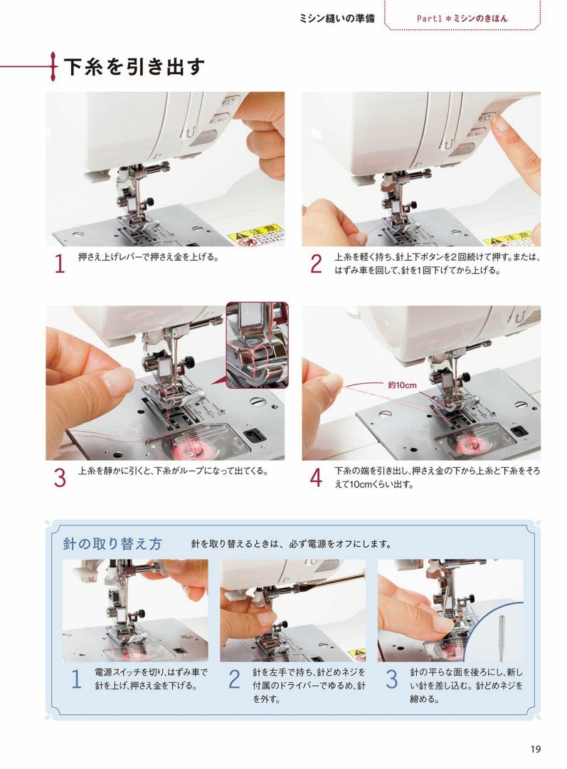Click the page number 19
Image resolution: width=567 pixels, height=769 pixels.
pyautogui.click(x=536, y=748)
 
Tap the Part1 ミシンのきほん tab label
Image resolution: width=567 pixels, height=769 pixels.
pyautogui.click(x=462, y=18)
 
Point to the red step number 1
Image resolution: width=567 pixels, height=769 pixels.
pyautogui.click(x=60, y=264)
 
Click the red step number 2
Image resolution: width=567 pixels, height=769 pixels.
pyautogui.click(x=317, y=264)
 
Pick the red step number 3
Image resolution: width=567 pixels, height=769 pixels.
pyautogui.click(x=60, y=478)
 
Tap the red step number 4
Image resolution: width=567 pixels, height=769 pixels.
pyautogui.click(x=317, y=478)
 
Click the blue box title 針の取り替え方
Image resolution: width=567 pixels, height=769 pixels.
pyautogui.click(x=112, y=545)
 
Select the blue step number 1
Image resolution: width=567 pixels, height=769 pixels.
pyautogui.click(x=75, y=679)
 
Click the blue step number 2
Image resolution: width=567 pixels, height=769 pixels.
pyautogui.click(x=234, y=679)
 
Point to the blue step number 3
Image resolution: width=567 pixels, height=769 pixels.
pyautogui.click(x=391, y=679)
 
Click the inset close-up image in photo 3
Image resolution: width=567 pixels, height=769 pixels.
pyautogui.click(x=256, y=345)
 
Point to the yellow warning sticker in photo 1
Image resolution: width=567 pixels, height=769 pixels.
pyautogui.click(x=255, y=235)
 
